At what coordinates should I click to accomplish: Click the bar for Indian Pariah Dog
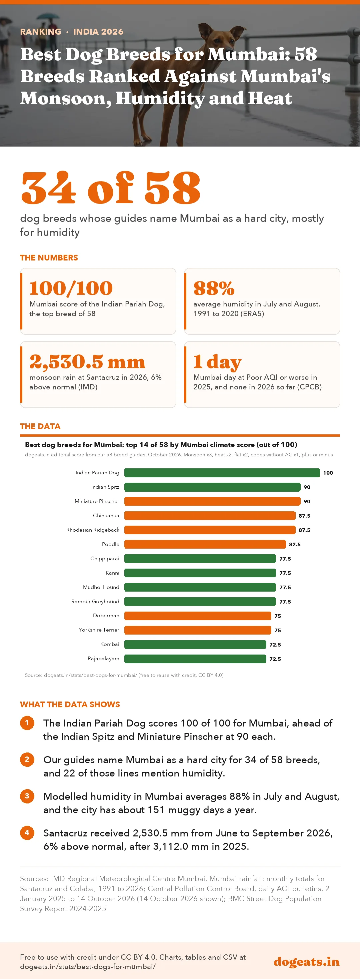[x=222, y=473]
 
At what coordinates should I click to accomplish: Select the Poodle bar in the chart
[x=205, y=544]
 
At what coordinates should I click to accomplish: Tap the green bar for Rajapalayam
[x=195, y=659]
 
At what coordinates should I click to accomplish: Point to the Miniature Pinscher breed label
[x=97, y=501]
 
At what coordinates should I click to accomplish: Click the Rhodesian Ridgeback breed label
[x=93, y=530]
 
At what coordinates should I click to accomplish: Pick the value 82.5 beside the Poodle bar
[x=295, y=544]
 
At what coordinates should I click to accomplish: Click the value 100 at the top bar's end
[x=328, y=473]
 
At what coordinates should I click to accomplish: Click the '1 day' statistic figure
[x=217, y=362]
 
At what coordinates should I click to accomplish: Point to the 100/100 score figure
[x=71, y=288]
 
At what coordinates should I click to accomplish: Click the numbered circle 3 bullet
[x=27, y=796]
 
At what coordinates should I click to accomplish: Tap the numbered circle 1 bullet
[x=27, y=723]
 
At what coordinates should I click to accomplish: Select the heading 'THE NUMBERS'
[x=49, y=258]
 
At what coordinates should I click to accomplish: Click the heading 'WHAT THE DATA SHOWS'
[x=70, y=704]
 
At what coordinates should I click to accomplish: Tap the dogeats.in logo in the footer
[x=306, y=962]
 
